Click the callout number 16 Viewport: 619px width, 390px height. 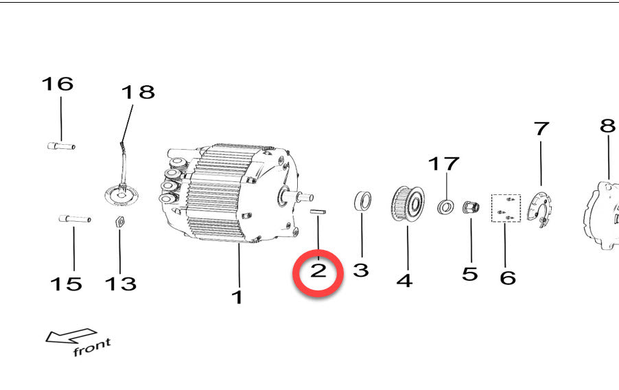[x=58, y=84]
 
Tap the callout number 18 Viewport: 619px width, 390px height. [x=138, y=92]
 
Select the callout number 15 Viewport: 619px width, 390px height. [x=66, y=284]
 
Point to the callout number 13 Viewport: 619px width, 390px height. [x=121, y=284]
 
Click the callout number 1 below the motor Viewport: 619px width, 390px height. [x=237, y=297]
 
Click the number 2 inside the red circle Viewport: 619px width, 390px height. [x=318, y=271]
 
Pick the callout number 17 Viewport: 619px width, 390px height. [x=444, y=163]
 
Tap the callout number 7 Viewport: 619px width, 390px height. [x=541, y=129]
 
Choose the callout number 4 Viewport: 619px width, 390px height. [x=405, y=281]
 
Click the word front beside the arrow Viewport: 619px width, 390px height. [x=92, y=347]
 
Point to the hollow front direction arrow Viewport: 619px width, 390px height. [x=71, y=336]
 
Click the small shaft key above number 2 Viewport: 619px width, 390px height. [x=318, y=211]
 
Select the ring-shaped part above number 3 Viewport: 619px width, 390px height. [x=362, y=201]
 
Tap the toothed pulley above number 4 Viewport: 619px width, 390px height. [x=408, y=203]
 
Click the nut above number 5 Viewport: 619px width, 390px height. [x=471, y=207]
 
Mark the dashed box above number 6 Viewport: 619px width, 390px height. [x=506, y=208]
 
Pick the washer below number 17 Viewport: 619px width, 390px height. [x=445, y=207]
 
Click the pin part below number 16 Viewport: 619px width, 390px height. [x=61, y=146]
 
